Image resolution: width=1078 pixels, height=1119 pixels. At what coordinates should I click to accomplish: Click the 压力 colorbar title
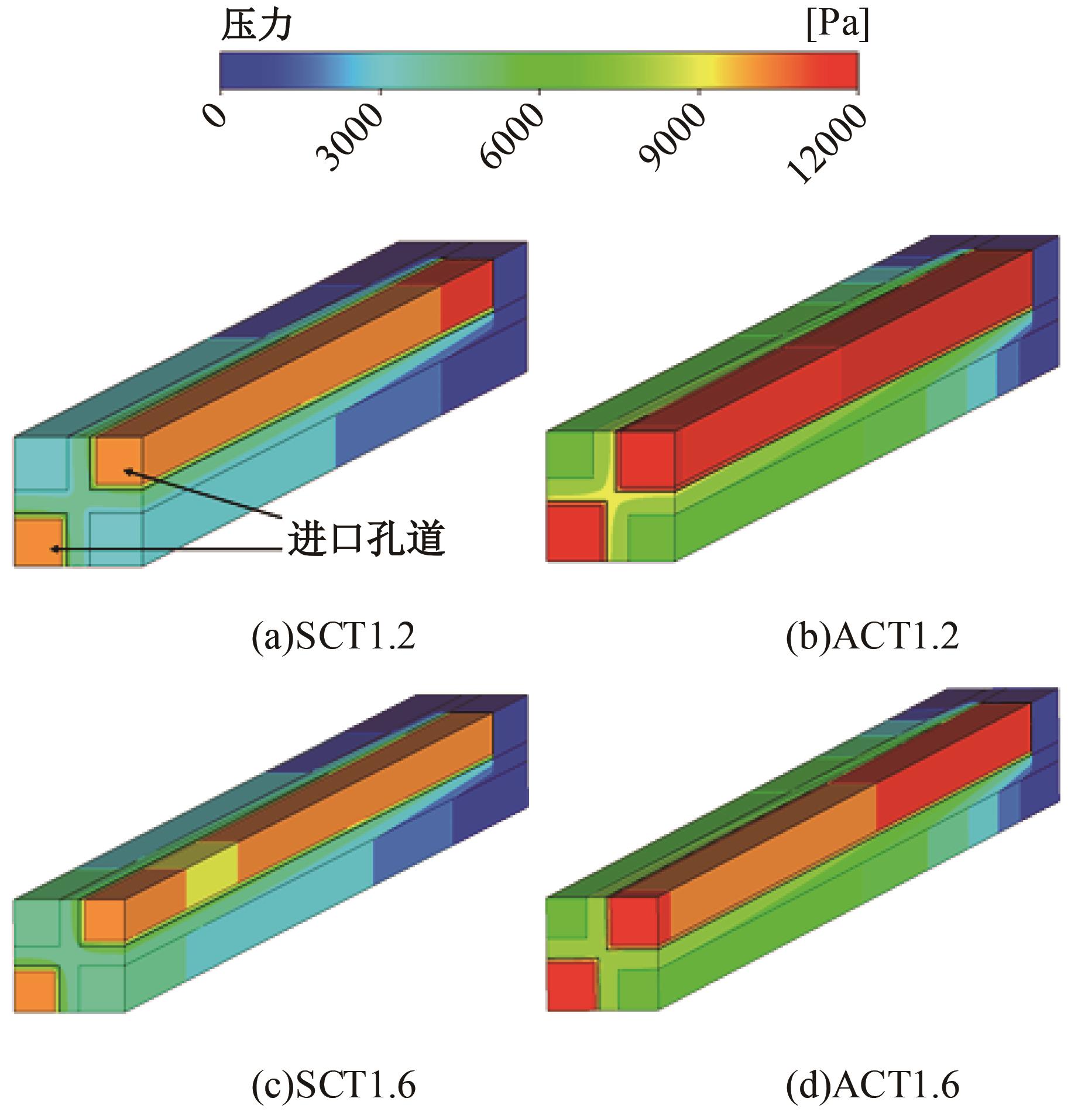click(256, 26)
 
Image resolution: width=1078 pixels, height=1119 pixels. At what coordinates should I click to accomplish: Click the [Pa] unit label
click(837, 26)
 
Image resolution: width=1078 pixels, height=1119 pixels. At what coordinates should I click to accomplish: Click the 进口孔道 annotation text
click(366, 539)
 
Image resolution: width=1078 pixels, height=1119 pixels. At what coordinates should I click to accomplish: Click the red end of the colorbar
click(837, 70)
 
